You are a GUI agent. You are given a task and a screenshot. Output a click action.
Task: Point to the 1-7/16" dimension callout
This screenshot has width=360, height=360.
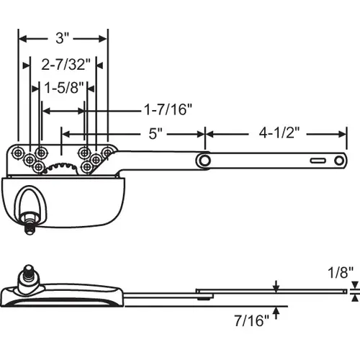point(168,109)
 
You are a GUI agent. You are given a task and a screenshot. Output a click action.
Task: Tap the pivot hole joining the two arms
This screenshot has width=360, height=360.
point(206,159)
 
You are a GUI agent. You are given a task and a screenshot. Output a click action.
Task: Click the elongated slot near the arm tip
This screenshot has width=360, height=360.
point(318,160)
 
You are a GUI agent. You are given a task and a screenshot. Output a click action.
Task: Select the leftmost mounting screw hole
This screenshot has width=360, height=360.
point(17,153)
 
